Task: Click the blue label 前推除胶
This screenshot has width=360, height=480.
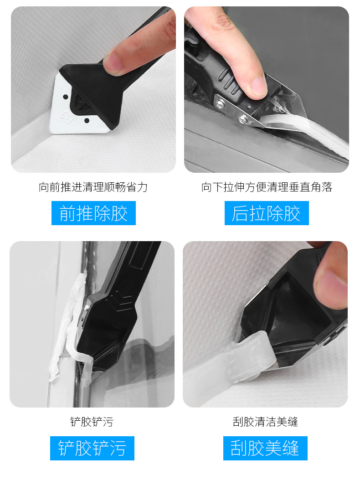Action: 93,213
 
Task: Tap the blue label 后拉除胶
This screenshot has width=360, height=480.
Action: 267,213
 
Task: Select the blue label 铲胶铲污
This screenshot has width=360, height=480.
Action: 92,448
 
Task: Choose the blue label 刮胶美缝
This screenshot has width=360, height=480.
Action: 265,448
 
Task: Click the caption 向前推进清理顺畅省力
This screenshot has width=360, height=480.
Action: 93,187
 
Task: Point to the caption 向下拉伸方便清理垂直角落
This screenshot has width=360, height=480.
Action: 267,187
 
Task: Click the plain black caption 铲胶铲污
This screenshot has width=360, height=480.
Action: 92,422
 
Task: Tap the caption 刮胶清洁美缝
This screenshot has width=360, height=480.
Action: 265,422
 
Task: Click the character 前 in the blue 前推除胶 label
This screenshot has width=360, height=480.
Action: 67,213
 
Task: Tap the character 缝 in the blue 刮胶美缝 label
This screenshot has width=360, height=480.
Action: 291,448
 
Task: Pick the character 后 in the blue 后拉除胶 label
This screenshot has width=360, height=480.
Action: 240,213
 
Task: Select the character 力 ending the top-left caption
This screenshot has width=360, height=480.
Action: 143,187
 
